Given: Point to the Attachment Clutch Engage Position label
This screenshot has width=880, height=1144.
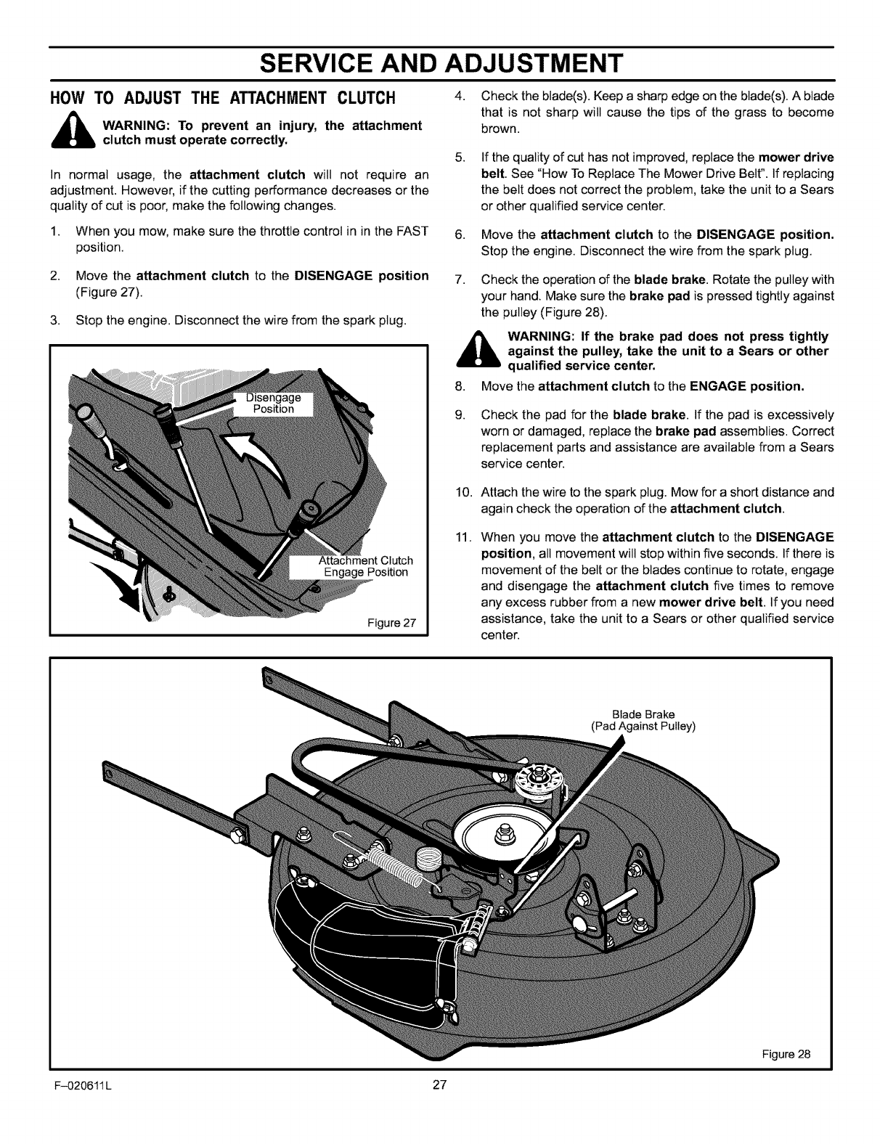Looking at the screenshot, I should [365, 565].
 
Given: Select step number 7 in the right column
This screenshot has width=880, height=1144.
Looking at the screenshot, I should [459, 280].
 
